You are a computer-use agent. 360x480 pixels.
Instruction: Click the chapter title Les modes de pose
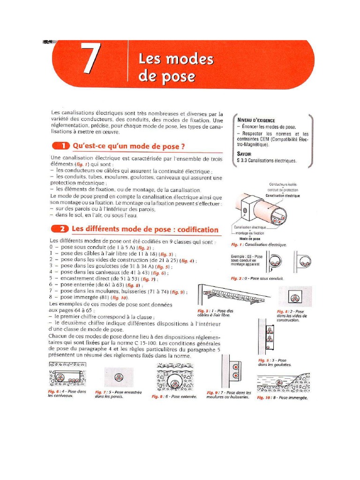point(176,68)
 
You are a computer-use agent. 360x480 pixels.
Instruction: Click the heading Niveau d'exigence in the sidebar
point(256,120)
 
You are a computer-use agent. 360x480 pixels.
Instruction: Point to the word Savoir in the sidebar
point(246,154)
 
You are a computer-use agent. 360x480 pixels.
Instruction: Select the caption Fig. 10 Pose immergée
point(282,397)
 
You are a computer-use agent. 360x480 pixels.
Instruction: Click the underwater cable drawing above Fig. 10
point(282,382)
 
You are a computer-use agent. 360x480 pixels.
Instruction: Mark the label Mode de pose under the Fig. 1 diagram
point(253,239)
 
